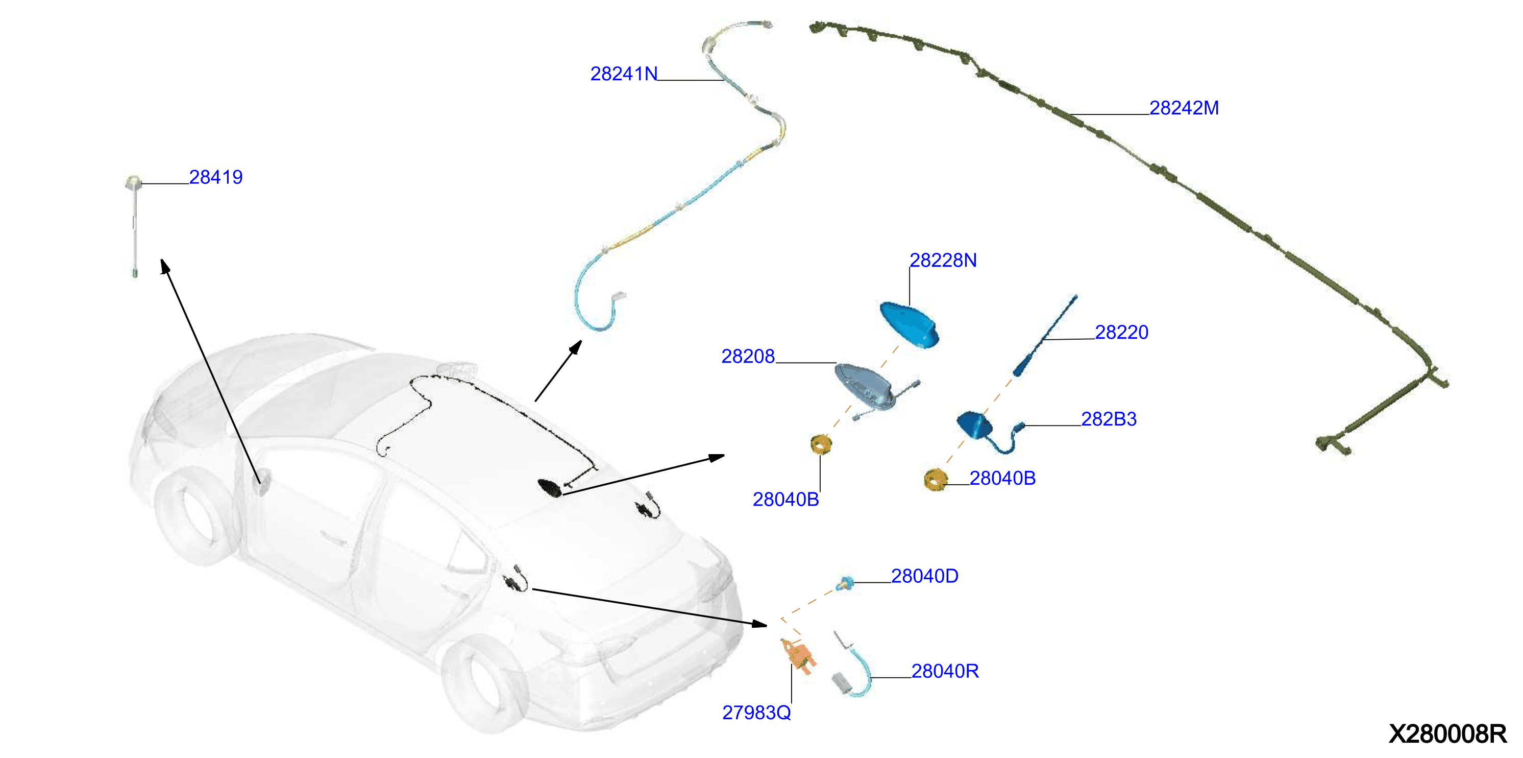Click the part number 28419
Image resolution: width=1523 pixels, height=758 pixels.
click(x=216, y=177)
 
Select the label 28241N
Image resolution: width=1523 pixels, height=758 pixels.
click(x=624, y=74)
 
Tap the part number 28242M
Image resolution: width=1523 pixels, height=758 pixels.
click(x=1184, y=108)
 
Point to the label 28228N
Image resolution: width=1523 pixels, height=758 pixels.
click(x=943, y=260)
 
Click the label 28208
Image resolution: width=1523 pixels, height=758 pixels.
click(x=748, y=356)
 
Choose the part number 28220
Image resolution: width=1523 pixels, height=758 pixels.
click(x=1121, y=332)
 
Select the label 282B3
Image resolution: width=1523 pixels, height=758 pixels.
click(x=1109, y=419)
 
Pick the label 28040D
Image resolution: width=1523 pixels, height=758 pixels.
click(x=925, y=576)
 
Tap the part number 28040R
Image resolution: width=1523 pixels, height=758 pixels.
click(x=945, y=671)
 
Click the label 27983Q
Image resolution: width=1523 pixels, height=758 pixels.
click(x=756, y=713)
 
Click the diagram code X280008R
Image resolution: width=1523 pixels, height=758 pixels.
click(x=1447, y=734)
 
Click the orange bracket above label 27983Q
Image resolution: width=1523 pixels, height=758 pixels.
click(x=798, y=656)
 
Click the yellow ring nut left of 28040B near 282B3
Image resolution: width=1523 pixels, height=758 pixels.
click(x=936, y=479)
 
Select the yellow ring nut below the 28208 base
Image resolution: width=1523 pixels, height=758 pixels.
click(x=821, y=444)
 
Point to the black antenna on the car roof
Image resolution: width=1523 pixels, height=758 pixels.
click(x=550, y=488)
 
